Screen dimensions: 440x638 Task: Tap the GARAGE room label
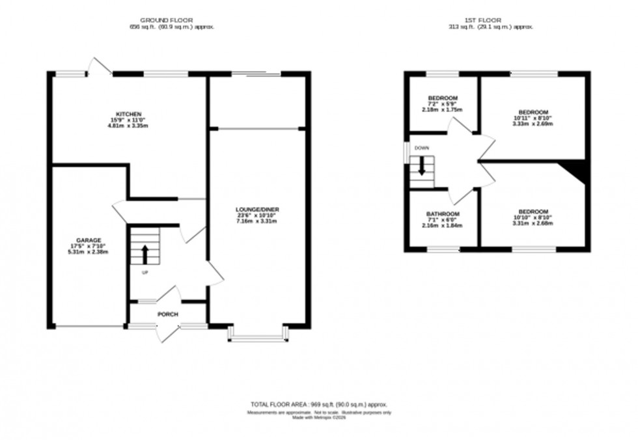[x=87, y=240]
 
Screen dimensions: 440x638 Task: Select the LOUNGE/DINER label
[x=257, y=210]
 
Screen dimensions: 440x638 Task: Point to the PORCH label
[x=168, y=314]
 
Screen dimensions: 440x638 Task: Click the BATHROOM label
[x=443, y=214]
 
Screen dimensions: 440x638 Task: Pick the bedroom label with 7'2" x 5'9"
[x=443, y=98]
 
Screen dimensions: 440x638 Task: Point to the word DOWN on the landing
[x=421, y=148]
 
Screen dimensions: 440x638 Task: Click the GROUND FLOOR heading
[x=171, y=21]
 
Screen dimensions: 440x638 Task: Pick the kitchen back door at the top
[x=100, y=67]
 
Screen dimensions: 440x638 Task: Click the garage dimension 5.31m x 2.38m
[x=87, y=251]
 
